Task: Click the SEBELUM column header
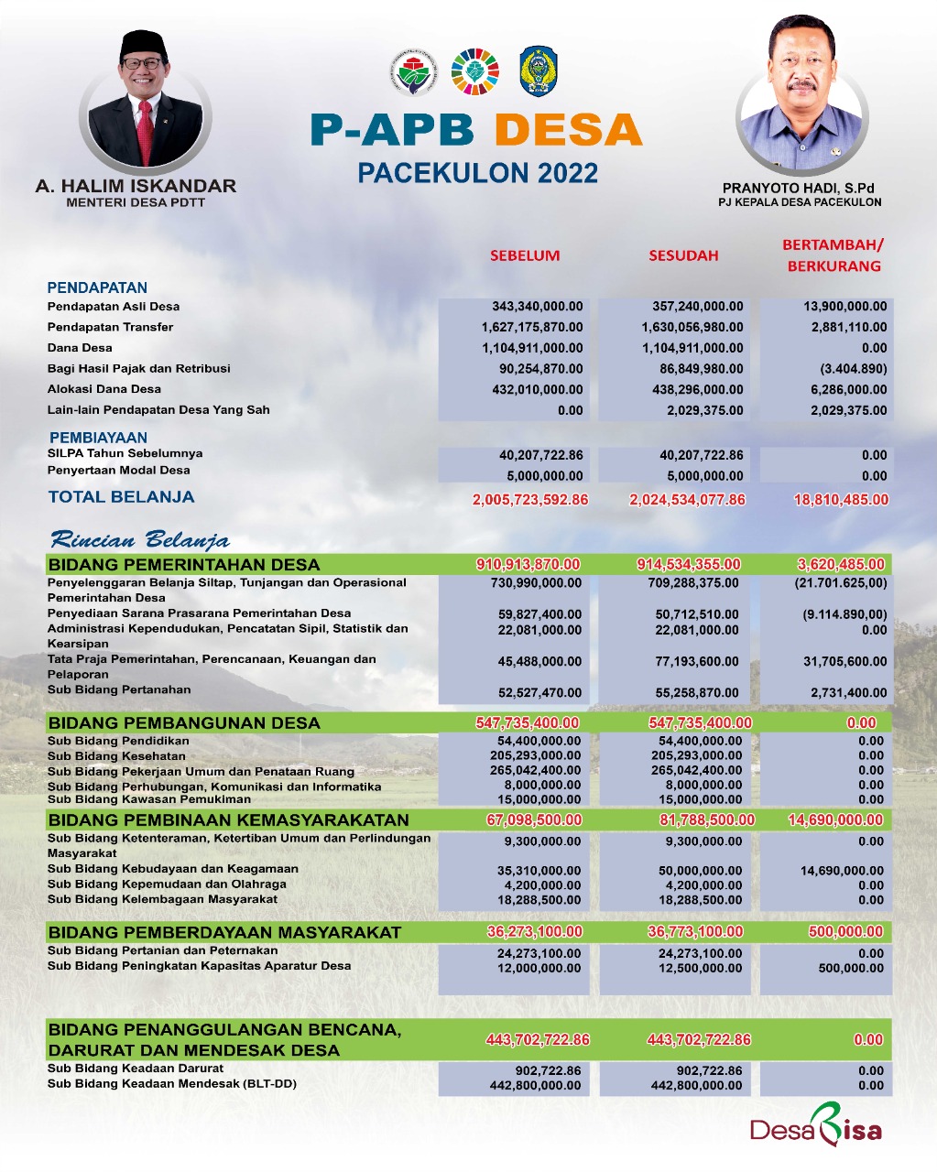click(x=525, y=255)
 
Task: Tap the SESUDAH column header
click(x=683, y=255)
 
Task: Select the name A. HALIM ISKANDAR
click(x=136, y=186)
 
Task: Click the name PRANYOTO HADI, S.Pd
click(x=799, y=188)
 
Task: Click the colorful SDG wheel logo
click(x=475, y=71)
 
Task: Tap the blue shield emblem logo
click(x=539, y=71)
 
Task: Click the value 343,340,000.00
click(x=532, y=306)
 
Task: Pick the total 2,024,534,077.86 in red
click(x=687, y=500)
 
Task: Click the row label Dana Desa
click(x=80, y=348)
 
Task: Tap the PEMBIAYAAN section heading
click(x=98, y=438)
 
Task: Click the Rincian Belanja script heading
click(x=139, y=539)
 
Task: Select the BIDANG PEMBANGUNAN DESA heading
click(x=184, y=722)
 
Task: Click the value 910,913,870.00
click(x=528, y=564)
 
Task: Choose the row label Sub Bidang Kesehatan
click(x=116, y=756)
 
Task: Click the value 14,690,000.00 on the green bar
click(x=834, y=819)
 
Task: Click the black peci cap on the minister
click(x=142, y=45)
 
